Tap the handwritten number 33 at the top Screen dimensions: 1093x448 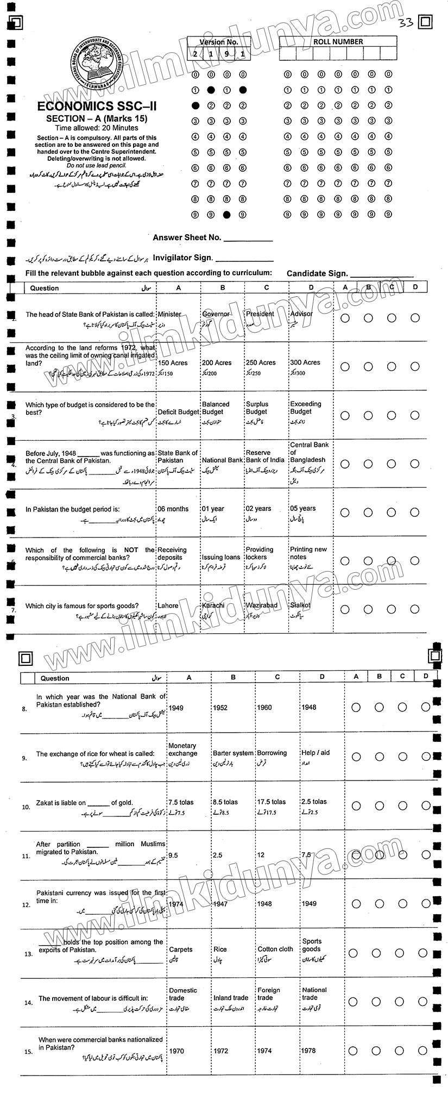(406, 22)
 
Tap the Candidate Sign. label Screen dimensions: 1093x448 (317, 274)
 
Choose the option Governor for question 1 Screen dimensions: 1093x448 (216, 314)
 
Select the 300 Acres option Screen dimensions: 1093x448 (305, 363)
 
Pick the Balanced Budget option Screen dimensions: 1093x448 (216, 408)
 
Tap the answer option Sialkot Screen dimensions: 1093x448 (300, 605)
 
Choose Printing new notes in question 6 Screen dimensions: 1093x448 (308, 553)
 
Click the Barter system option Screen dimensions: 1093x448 (233, 753)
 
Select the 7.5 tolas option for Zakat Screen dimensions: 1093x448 (181, 802)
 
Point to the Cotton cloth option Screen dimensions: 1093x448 (275, 949)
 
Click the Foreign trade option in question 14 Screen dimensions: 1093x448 (265, 994)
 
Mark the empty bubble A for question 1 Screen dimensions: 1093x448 (345, 318)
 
